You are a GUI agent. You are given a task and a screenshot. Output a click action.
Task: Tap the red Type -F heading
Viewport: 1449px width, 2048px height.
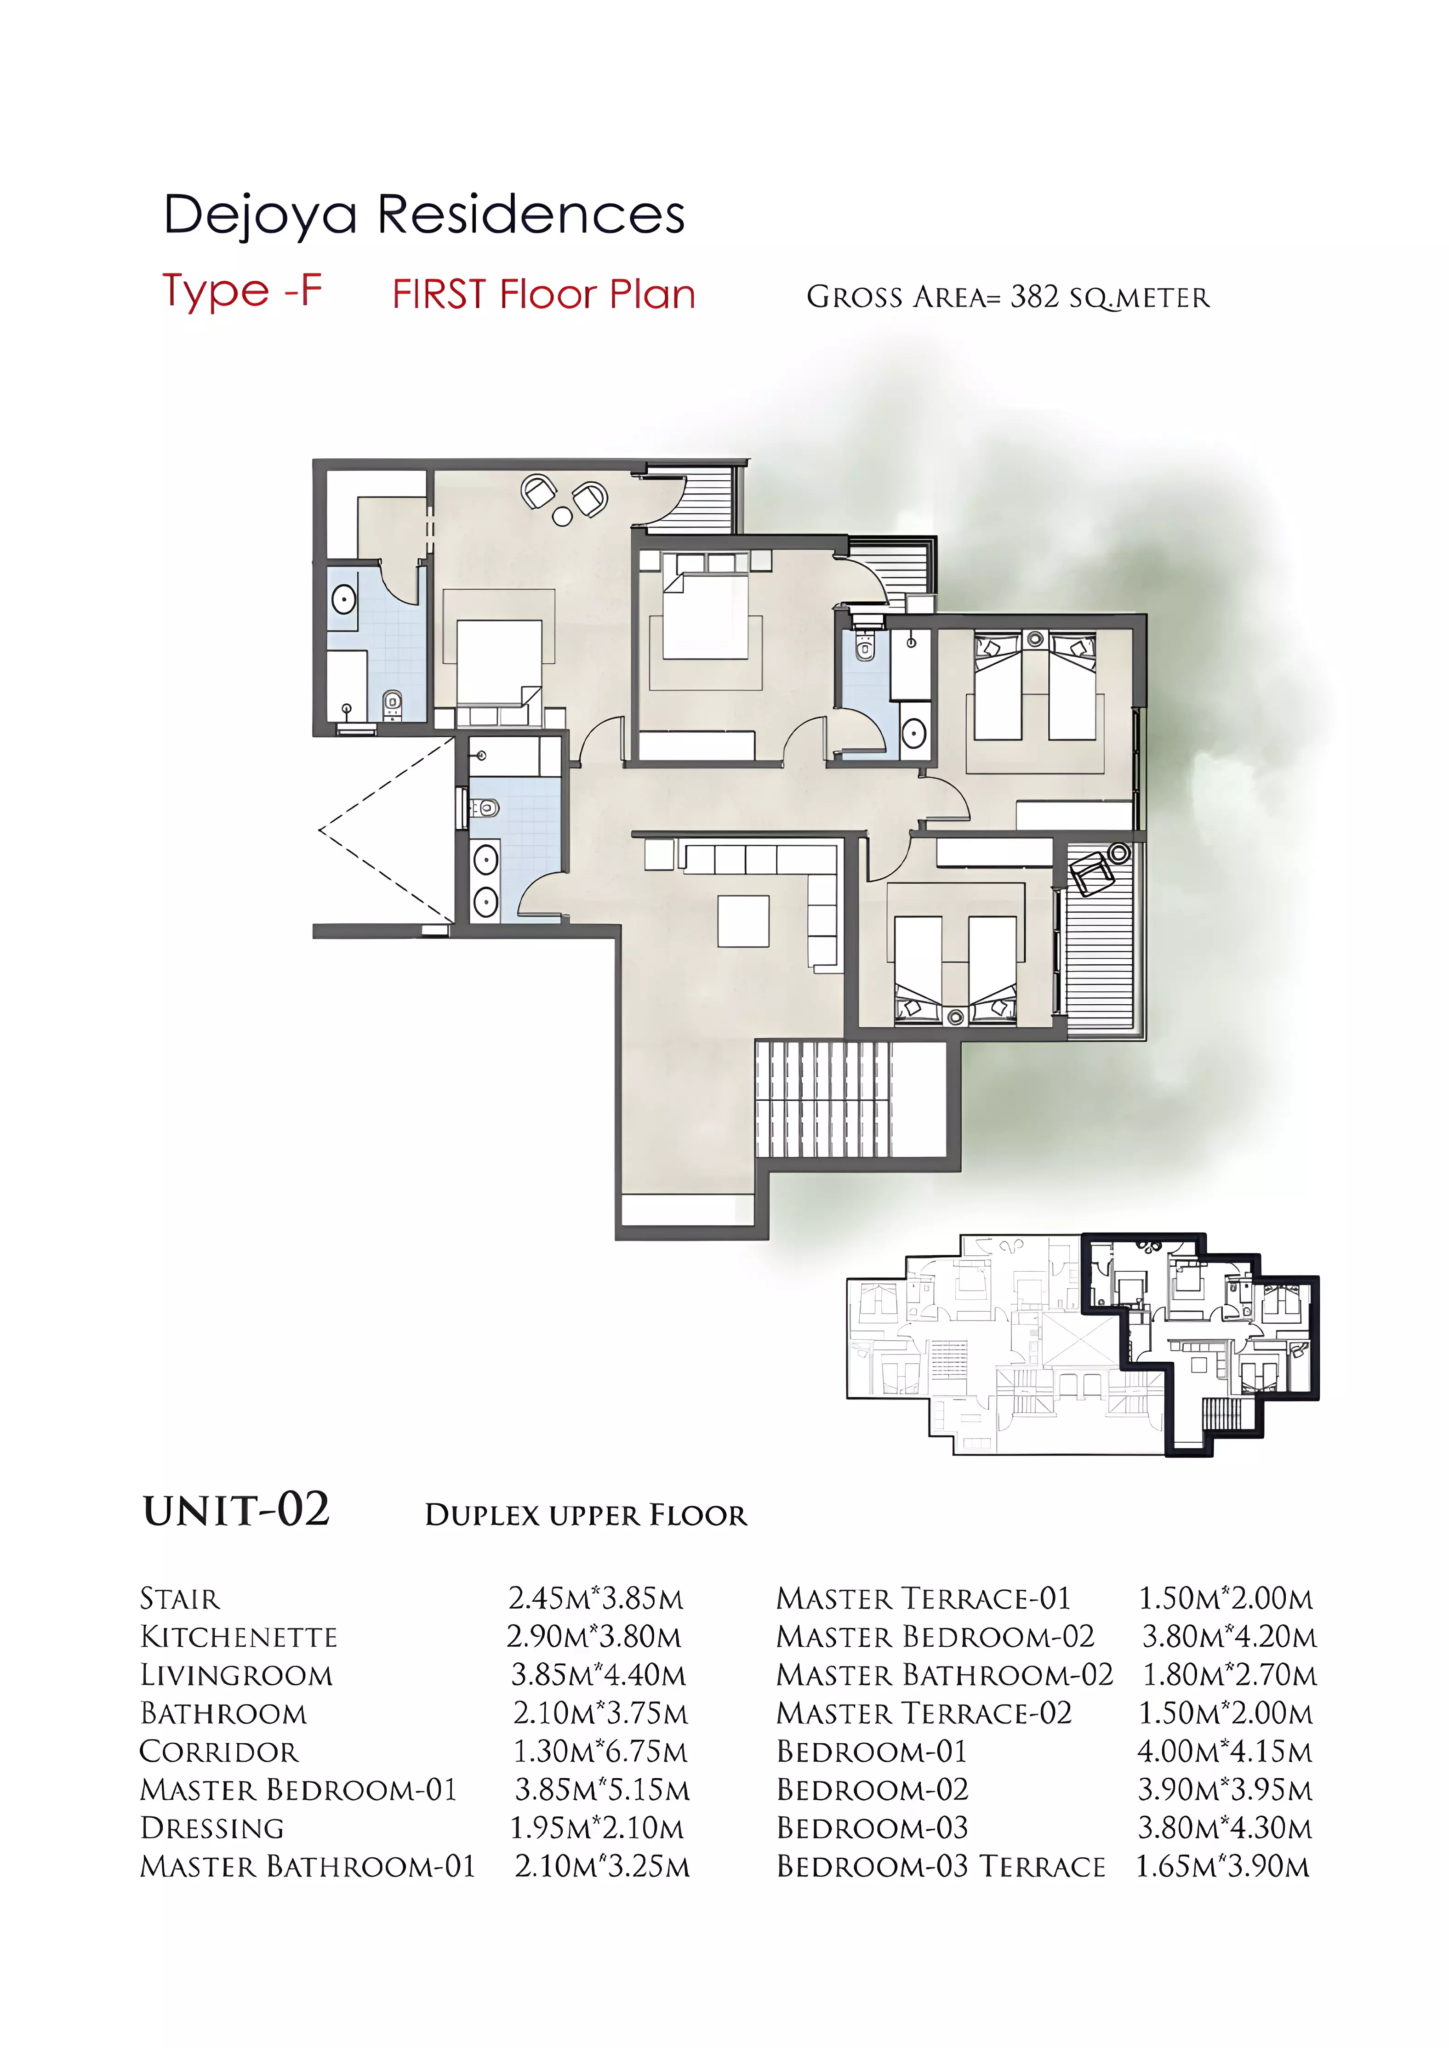click(x=242, y=291)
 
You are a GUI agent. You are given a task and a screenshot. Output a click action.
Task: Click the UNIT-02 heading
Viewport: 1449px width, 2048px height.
click(x=236, y=1510)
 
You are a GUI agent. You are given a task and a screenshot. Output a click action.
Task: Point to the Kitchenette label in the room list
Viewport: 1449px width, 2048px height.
click(x=239, y=1637)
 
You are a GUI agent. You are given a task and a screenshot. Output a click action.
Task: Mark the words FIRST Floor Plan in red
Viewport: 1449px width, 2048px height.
click(x=543, y=294)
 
